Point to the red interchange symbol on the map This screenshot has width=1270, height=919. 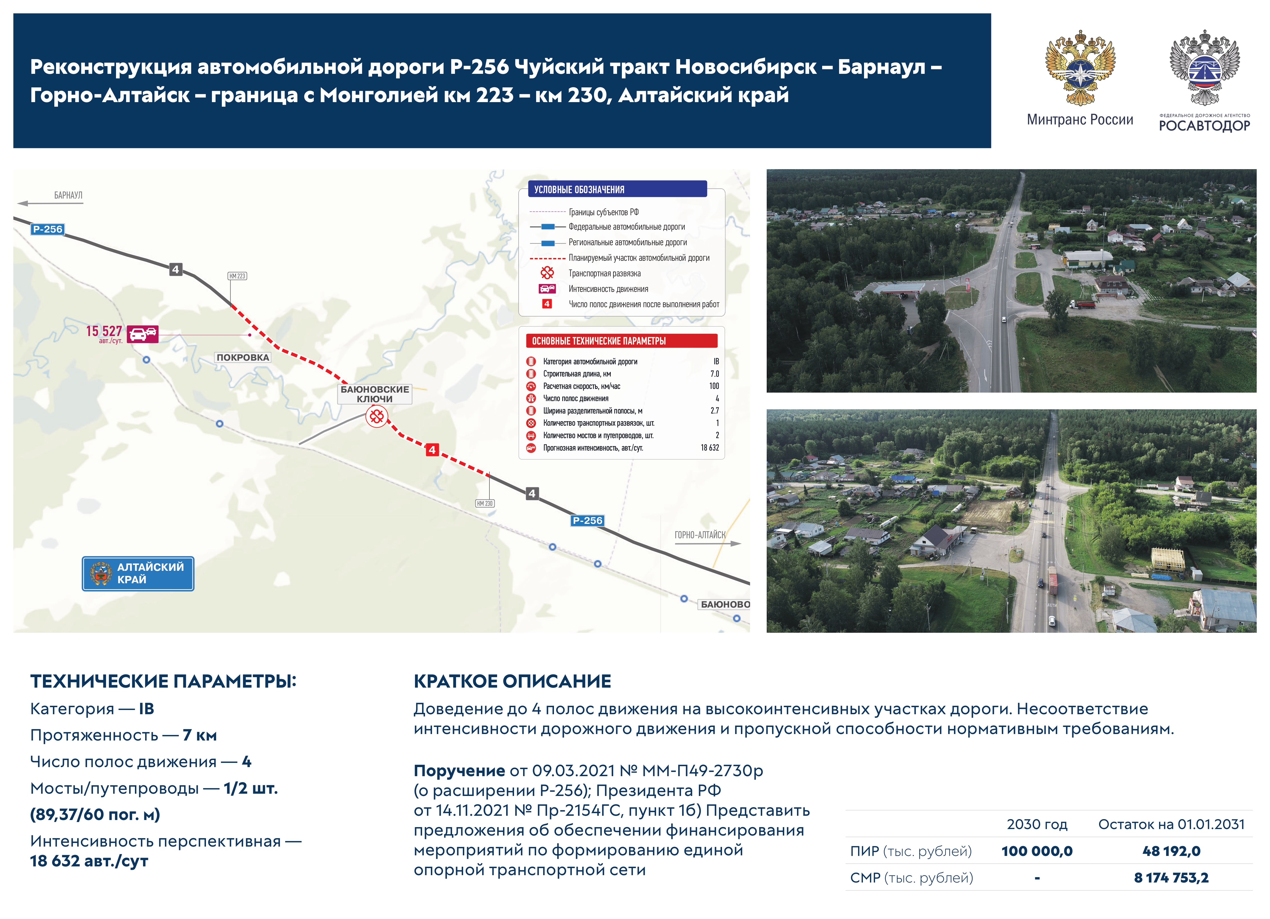(377, 416)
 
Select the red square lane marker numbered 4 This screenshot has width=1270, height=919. (432, 450)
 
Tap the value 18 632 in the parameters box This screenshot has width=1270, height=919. (710, 448)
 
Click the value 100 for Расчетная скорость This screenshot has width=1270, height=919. (714, 386)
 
